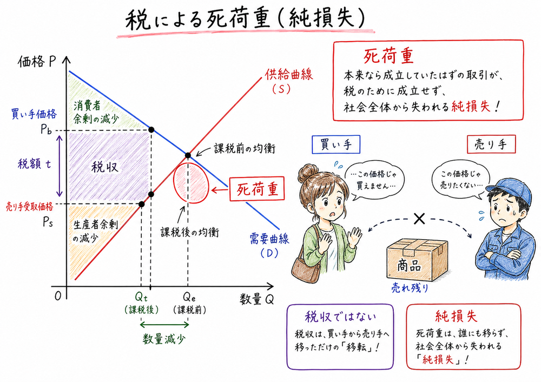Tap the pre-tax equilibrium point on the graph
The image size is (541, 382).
[188, 156]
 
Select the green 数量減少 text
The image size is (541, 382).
[164, 339]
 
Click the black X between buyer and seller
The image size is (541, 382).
[418, 219]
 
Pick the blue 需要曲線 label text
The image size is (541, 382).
[268, 240]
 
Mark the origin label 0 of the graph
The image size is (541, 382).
[56, 296]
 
